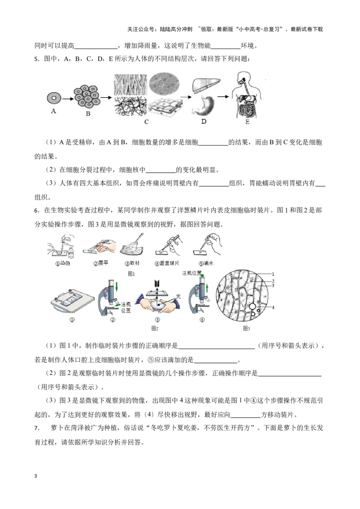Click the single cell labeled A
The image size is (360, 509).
[54, 97]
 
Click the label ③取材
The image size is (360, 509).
[132, 263]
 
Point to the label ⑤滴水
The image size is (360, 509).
[205, 263]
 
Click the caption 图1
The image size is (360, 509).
[131, 273]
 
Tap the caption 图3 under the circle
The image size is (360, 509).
[246, 329]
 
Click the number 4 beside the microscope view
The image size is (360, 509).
[273, 307]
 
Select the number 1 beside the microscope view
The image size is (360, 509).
[273, 273]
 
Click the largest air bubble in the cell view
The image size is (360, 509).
[252, 306]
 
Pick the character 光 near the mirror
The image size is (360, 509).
[178, 297]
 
